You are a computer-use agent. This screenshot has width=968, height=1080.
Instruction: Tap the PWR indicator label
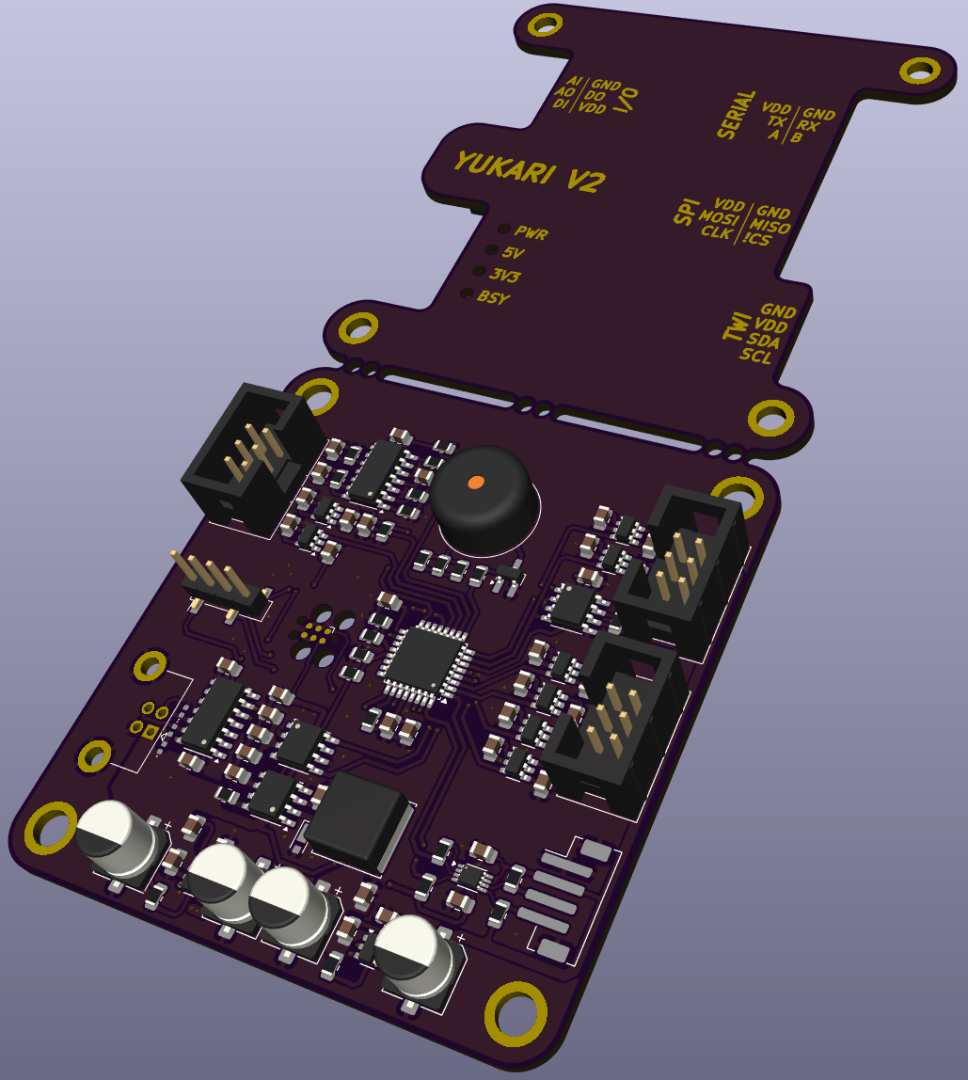[532, 233]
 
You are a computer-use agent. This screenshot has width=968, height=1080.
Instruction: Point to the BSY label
[493, 297]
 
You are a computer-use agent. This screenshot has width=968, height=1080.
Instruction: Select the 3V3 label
[505, 276]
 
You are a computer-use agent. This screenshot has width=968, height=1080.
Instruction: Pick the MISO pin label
[770, 225]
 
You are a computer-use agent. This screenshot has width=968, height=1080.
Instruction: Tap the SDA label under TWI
[763, 341]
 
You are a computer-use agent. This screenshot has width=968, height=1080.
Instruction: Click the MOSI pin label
[719, 217]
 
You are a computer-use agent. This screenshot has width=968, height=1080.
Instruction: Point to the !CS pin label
[756, 239]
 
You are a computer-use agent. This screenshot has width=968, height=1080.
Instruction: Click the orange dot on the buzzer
[475, 482]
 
